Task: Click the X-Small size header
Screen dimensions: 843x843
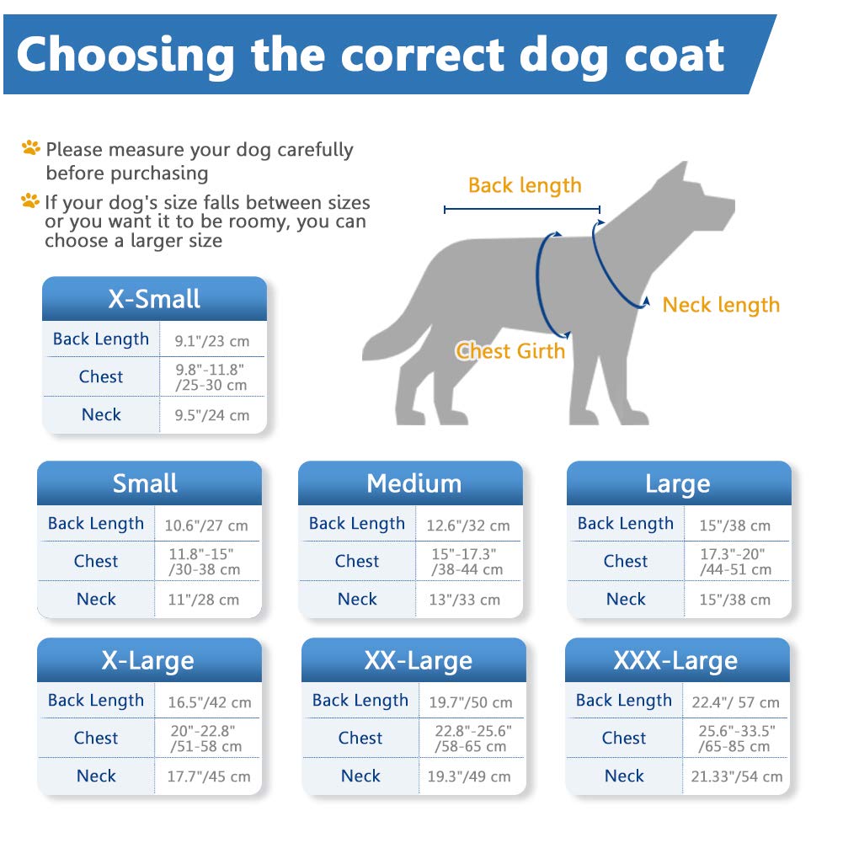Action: click(x=154, y=300)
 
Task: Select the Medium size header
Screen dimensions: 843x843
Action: click(x=413, y=484)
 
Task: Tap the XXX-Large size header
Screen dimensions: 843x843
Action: click(x=675, y=661)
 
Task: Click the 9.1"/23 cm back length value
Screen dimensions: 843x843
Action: click(x=212, y=341)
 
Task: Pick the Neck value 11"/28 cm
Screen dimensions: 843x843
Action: click(x=202, y=600)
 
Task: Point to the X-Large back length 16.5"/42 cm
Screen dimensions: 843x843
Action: click(x=208, y=702)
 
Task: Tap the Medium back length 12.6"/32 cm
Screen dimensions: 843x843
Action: click(x=468, y=526)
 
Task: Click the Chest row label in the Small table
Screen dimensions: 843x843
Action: click(x=96, y=562)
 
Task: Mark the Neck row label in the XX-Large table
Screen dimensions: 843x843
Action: click(x=360, y=776)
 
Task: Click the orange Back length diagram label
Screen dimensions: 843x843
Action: click(x=525, y=185)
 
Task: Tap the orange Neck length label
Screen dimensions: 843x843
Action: click(x=721, y=305)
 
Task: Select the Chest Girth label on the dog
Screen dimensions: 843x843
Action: click(x=510, y=350)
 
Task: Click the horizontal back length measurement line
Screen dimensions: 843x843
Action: click(x=522, y=209)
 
